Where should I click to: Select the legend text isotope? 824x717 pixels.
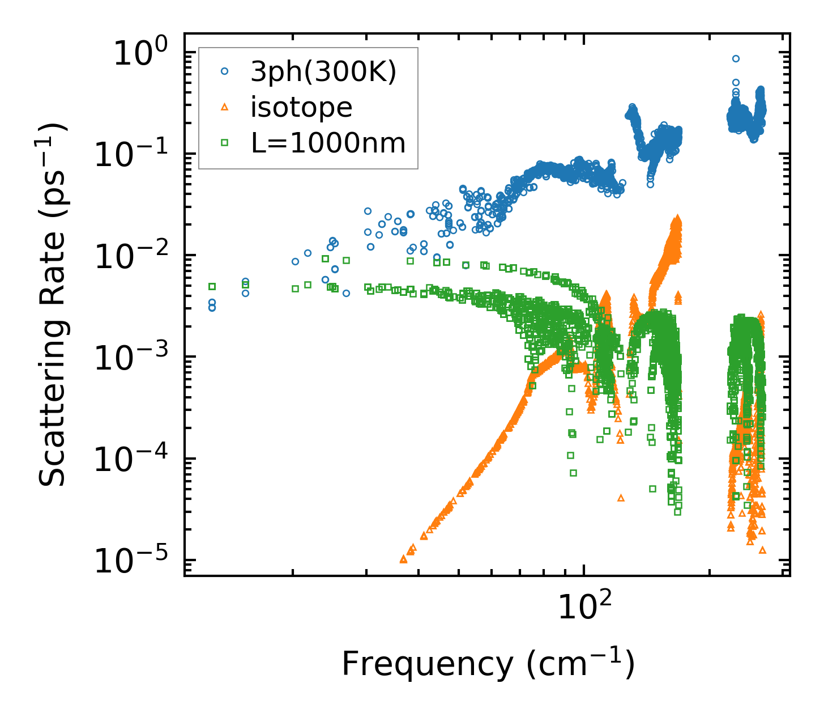click(x=301, y=107)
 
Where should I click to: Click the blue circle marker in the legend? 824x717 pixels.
click(x=225, y=71)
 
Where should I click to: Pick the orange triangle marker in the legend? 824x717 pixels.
click(x=225, y=107)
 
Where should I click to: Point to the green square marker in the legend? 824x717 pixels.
click(x=225, y=143)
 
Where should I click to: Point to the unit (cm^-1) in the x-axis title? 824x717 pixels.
click(x=580, y=664)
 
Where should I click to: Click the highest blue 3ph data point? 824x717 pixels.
click(x=736, y=58)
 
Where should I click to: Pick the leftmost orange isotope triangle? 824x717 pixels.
click(x=403, y=559)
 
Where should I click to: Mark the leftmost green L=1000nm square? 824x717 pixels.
click(x=212, y=286)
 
